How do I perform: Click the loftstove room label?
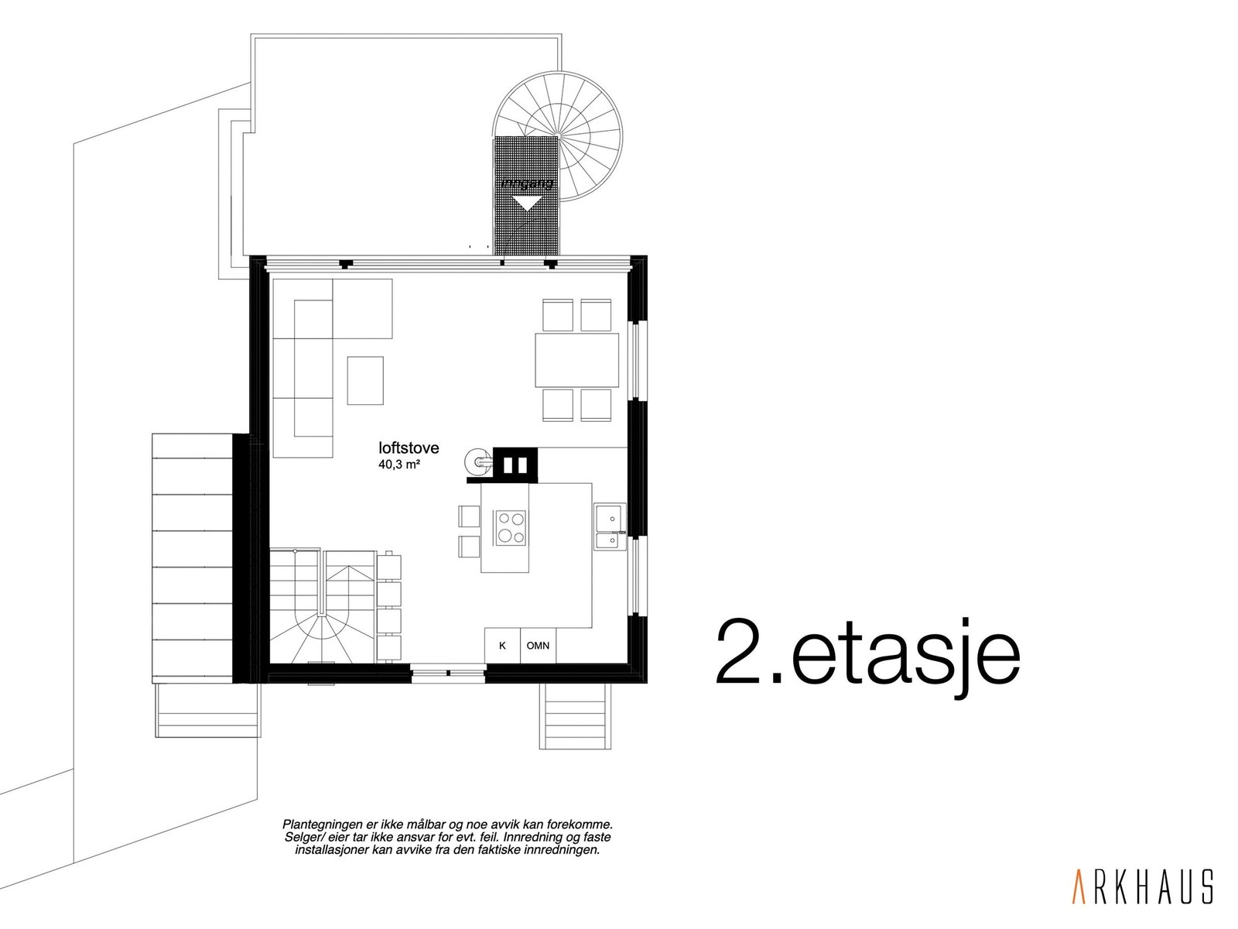coord(409,447)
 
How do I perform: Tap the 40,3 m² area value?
coord(399,465)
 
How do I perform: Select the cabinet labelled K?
coord(502,645)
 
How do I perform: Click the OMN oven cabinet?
coord(538,645)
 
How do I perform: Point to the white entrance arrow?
coord(527,204)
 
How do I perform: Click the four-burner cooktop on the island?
coord(510,527)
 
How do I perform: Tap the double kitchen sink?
coord(610,526)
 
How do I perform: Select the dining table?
coord(576,360)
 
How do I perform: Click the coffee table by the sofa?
coord(365,379)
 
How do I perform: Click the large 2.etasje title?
coord(867,653)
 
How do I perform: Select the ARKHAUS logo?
coord(1141,886)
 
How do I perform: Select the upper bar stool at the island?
coord(469,516)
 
